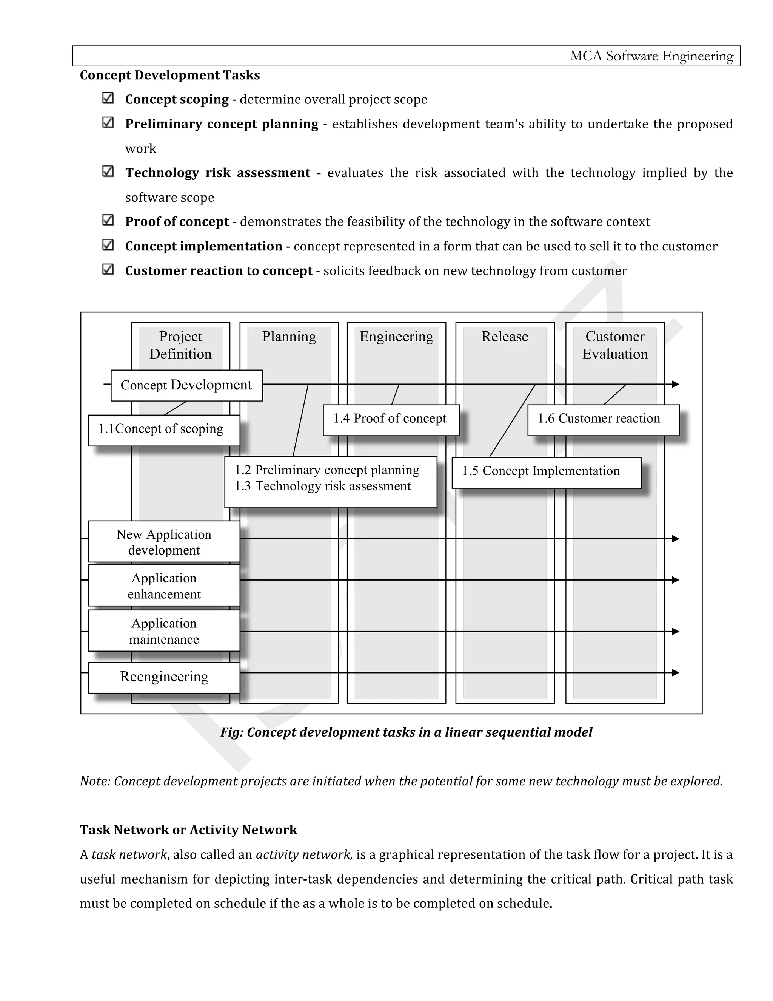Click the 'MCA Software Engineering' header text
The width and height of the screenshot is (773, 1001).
click(651, 56)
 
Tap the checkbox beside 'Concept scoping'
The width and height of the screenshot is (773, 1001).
click(108, 98)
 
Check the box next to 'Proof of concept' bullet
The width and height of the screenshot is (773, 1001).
click(108, 221)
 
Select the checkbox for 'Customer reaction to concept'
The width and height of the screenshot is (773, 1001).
click(108, 269)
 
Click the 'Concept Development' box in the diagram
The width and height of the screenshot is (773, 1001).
click(186, 385)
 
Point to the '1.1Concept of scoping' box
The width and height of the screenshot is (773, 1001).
click(163, 429)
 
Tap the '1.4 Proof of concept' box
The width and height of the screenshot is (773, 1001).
click(391, 419)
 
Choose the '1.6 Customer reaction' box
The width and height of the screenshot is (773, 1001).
click(603, 419)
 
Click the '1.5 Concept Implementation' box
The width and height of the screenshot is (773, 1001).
click(546, 472)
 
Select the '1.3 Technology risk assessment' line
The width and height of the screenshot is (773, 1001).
click(323, 486)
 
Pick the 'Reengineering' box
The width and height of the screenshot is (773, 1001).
click(164, 677)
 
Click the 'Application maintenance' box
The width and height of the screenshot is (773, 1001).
click(164, 631)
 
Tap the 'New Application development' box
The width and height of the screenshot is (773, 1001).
click(164, 542)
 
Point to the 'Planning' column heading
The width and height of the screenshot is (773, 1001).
click(289, 337)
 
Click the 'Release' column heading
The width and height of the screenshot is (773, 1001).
click(505, 337)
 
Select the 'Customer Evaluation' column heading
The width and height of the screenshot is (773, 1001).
click(614, 345)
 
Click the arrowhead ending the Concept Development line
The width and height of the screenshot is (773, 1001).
click(675, 384)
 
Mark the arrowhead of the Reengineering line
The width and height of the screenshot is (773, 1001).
click(675, 673)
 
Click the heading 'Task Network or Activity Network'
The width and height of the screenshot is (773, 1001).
click(188, 830)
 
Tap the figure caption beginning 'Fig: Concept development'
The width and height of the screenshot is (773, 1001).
click(406, 732)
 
